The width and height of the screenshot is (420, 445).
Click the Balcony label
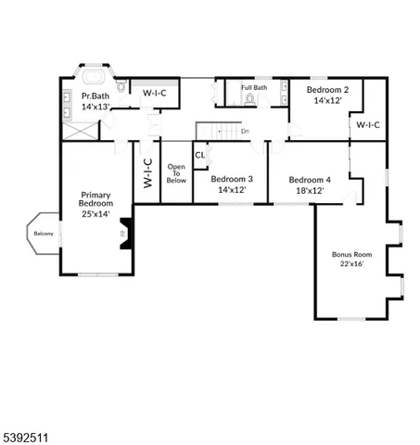click(x=44, y=233)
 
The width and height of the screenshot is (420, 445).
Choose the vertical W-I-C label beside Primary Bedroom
click(x=147, y=173)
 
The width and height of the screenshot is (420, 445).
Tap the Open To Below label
click(x=175, y=174)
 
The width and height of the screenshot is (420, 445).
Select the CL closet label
click(x=199, y=155)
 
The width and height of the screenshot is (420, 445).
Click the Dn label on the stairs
click(x=245, y=131)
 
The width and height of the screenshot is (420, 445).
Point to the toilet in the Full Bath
click(x=249, y=97)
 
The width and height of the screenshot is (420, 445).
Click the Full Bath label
click(x=254, y=87)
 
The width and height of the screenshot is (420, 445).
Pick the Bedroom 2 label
click(x=325, y=89)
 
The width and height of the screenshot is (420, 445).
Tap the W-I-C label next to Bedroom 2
click(x=368, y=124)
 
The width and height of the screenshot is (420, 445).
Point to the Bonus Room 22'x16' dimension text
click(x=351, y=263)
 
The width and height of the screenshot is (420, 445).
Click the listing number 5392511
click(x=27, y=430)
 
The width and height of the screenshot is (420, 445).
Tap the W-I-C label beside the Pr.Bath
click(x=153, y=94)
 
